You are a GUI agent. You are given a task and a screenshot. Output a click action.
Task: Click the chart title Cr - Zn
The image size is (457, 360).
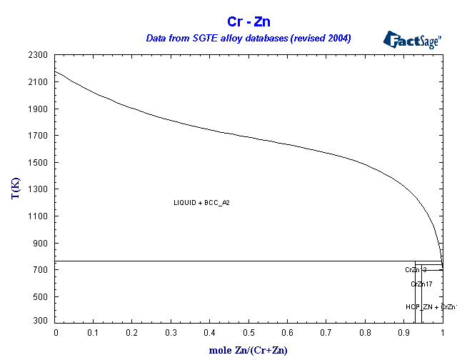tap(248, 21)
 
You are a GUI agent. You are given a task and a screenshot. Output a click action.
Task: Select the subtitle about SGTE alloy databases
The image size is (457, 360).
tap(248, 38)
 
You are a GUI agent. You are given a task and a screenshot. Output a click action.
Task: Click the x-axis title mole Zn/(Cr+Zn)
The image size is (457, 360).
tap(248, 350)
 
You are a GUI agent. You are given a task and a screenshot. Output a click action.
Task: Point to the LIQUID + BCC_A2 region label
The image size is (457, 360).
tap(201, 203)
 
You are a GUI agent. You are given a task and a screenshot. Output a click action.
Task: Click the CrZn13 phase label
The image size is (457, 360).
tap(416, 270)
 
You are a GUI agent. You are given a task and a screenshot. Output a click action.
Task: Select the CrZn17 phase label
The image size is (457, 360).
tap(421, 284)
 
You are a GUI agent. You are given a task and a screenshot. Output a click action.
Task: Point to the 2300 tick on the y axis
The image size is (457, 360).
tap(39, 55)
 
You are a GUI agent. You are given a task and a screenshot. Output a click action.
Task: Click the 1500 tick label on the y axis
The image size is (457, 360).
tap(39, 163)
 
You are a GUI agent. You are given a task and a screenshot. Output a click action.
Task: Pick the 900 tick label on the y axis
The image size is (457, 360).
tap(41, 244)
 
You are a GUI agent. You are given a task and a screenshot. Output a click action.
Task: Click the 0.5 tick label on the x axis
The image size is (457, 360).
tap(248, 332)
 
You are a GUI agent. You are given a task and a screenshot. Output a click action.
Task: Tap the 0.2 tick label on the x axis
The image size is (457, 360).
tap(133, 332)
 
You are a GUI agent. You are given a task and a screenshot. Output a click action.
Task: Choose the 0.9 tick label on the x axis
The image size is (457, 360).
tap(403, 332)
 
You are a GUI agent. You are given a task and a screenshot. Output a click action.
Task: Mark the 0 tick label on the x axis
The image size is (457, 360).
tap(56, 332)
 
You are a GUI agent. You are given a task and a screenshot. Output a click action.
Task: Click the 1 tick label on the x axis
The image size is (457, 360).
tap(443, 332)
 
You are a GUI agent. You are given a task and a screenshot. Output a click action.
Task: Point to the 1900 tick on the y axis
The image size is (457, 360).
tap(39, 109)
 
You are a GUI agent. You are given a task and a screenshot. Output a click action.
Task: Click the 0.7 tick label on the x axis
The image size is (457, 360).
tap(326, 332)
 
